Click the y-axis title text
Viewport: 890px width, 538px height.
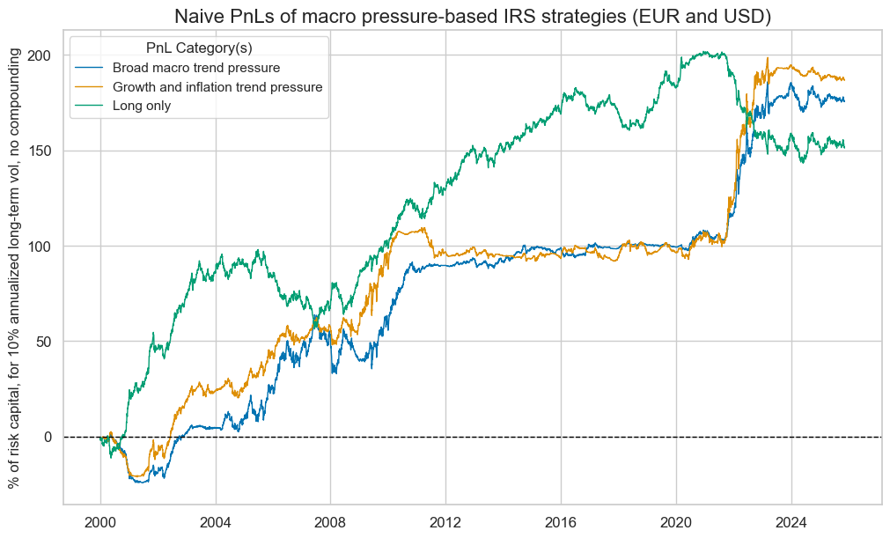tap(15, 269)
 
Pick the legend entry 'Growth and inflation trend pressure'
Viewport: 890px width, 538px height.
tap(217, 86)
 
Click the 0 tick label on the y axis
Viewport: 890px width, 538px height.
tap(49, 437)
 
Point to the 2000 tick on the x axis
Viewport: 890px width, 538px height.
tap(100, 520)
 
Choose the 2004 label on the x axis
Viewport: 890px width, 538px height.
tap(216, 520)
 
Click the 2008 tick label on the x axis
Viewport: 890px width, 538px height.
tap(330, 520)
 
